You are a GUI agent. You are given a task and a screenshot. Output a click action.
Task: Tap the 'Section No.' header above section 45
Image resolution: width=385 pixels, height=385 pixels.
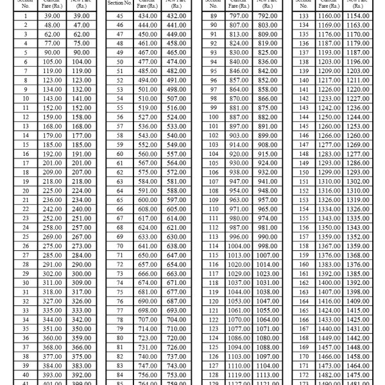click(x=119, y=3)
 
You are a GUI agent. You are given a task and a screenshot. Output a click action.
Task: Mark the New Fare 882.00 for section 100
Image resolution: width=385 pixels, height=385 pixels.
click(x=263, y=117)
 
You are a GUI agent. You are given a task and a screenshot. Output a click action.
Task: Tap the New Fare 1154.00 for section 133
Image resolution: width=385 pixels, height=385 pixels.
click(x=357, y=15)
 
